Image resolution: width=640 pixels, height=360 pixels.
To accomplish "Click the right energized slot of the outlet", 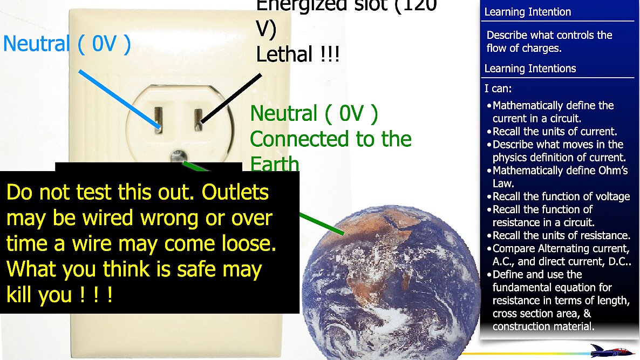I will point(198,117).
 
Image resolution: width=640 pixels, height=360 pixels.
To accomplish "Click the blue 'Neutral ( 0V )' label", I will point(67,44).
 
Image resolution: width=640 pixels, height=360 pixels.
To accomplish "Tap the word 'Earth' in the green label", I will point(274,164).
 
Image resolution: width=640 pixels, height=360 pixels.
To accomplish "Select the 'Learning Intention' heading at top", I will point(527,12).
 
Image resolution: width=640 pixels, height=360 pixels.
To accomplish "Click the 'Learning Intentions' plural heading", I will point(530,69).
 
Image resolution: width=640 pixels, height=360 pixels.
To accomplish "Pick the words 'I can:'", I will point(498,88).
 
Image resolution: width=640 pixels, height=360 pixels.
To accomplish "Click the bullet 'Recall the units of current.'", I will point(555,131).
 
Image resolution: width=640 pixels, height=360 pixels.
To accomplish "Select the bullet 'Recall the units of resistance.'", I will point(561,235).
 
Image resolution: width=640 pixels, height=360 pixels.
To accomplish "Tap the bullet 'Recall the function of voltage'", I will point(561,196).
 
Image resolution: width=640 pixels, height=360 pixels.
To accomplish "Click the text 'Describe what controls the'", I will point(549,36).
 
